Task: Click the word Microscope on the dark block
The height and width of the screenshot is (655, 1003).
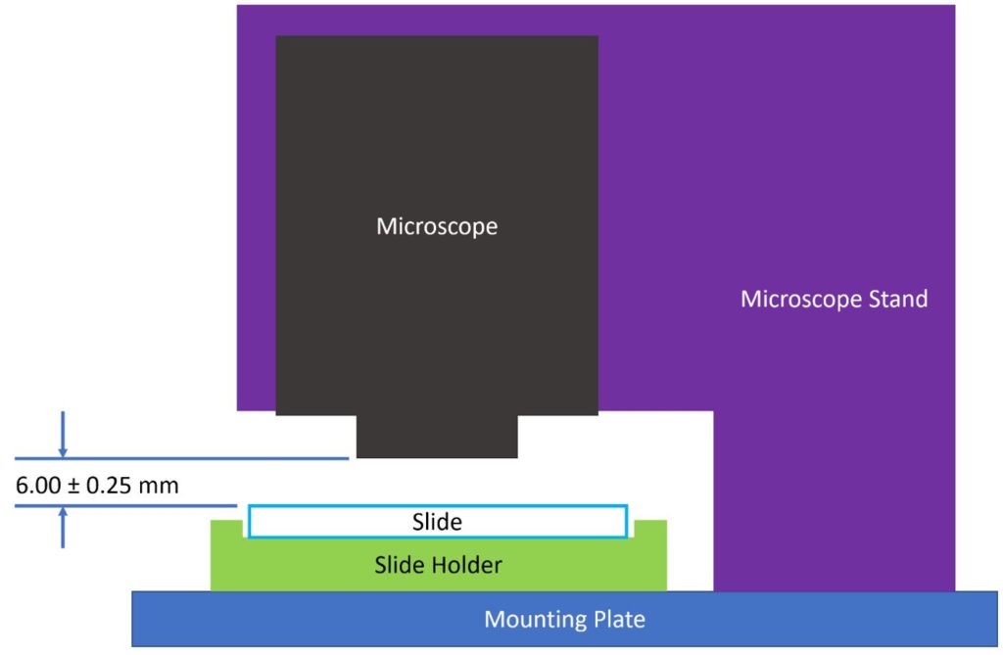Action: tap(437, 226)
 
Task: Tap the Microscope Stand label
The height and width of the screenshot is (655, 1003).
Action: tap(834, 299)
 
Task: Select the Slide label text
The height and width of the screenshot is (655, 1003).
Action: tap(437, 522)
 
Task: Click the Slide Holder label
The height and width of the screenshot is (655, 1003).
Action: tap(438, 565)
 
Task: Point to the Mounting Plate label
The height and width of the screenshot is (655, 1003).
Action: tap(565, 619)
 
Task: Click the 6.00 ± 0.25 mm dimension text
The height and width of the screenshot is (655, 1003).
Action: tap(98, 485)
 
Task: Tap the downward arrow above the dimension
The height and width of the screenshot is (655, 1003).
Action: tap(64, 435)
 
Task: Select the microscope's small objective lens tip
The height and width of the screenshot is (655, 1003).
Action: tap(437, 436)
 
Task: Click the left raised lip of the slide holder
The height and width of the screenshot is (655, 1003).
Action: tap(227, 530)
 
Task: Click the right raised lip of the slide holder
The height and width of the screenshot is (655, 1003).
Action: tap(650, 530)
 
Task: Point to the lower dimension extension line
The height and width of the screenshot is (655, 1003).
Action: tap(127, 506)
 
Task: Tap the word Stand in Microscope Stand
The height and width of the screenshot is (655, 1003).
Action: tap(895, 299)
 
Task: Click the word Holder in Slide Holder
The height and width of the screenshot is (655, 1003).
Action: tap(468, 565)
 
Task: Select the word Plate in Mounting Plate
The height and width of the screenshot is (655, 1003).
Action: tap(621, 619)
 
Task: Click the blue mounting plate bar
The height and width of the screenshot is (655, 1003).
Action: tap(294, 619)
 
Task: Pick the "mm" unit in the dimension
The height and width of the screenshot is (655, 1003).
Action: tap(160, 485)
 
